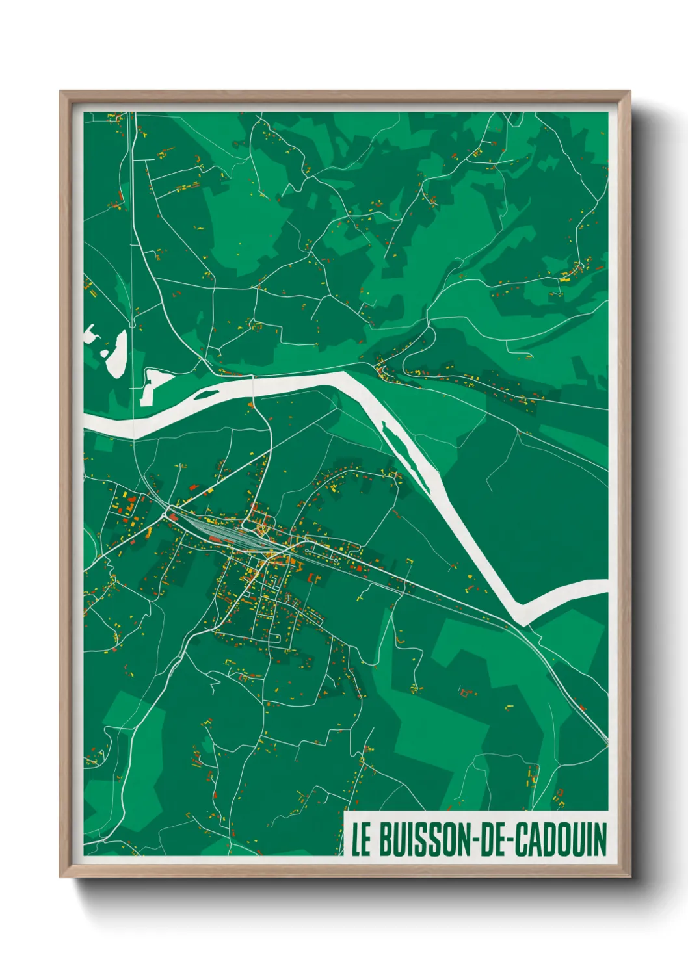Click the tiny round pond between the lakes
103,354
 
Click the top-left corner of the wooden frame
60,92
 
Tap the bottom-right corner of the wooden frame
629,876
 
